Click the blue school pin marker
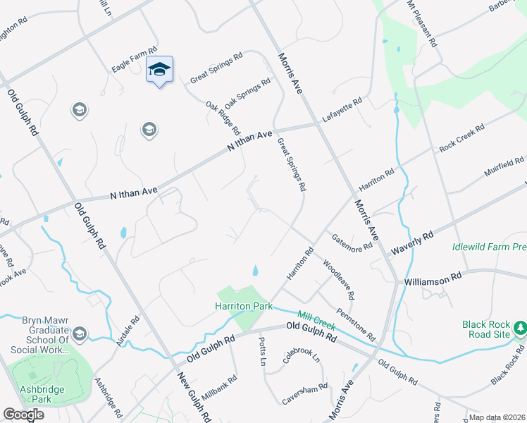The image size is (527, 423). (159, 70)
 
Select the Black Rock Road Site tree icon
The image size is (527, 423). (520, 328)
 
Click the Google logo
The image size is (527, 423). (23, 415)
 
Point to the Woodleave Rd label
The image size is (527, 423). (338, 277)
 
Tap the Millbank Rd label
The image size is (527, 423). (220, 386)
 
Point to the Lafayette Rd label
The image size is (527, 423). (342, 109)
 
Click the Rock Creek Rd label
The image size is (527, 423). (462, 138)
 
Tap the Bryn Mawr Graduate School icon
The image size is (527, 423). (79, 333)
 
